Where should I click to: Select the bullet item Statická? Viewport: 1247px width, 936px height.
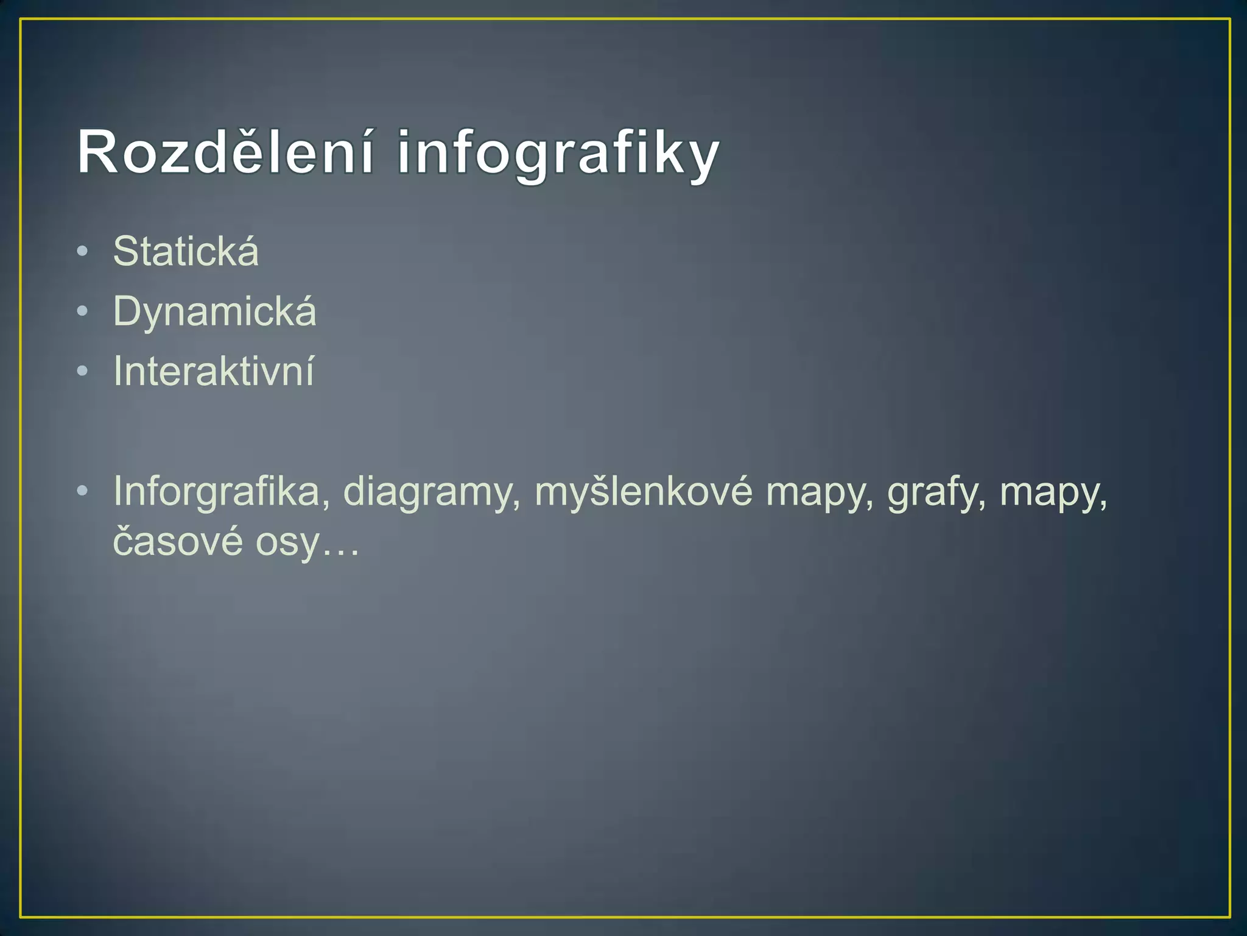186,251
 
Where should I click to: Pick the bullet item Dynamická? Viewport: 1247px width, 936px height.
214,311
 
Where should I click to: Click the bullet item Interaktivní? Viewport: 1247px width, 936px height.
214,371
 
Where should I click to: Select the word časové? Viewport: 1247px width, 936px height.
178,541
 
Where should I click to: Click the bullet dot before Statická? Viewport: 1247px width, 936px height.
83,251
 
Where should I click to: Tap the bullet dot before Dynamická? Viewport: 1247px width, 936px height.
83,311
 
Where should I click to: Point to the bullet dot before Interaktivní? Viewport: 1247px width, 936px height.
83,371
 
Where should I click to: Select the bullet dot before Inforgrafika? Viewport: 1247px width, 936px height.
83,491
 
